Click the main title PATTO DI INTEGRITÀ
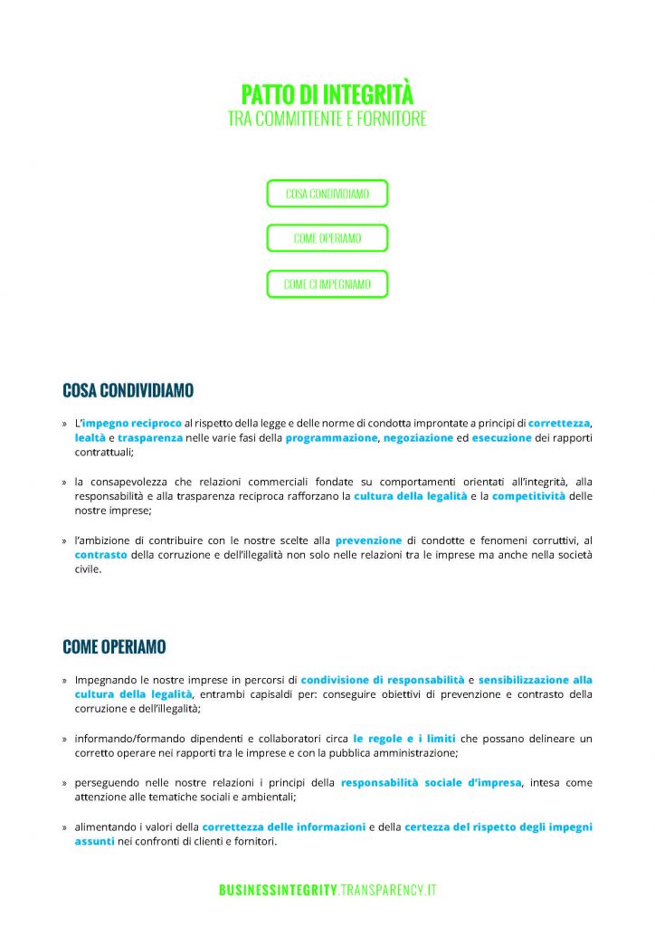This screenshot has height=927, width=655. coord(327,94)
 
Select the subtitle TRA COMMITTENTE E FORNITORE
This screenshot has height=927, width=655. coord(327,119)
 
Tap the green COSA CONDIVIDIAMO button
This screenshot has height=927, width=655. coord(327,194)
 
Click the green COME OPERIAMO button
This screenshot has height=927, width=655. coord(327,238)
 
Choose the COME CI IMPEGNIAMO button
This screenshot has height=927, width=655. coord(327,283)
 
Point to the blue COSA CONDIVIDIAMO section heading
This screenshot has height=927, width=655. coord(128,391)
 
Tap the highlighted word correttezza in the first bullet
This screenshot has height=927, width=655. coord(559,423)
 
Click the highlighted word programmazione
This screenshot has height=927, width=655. coord(332,437)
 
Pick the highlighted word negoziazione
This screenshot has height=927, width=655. coord(418,437)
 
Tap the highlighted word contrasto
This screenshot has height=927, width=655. coord(101,555)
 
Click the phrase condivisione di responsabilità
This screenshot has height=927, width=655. coord(382,679)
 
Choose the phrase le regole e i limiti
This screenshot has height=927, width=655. coord(404,738)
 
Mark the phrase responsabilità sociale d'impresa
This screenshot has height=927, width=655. coord(431,782)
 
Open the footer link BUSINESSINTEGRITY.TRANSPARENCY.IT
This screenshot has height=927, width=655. coord(327,891)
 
